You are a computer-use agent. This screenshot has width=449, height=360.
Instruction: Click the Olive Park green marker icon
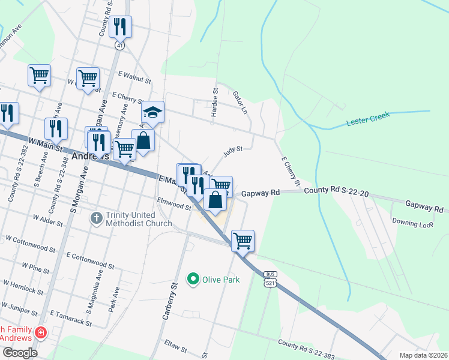tap(193, 279)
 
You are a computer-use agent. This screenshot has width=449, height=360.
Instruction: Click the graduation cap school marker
tap(152, 112)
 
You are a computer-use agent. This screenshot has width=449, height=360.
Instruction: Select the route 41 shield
tap(120, 45)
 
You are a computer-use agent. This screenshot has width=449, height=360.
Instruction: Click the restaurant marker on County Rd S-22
tap(121, 27)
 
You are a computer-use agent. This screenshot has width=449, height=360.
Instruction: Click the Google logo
tap(19, 353)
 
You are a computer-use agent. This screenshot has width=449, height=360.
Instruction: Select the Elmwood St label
tap(173, 205)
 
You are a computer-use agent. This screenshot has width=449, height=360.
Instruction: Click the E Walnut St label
tap(135, 76)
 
